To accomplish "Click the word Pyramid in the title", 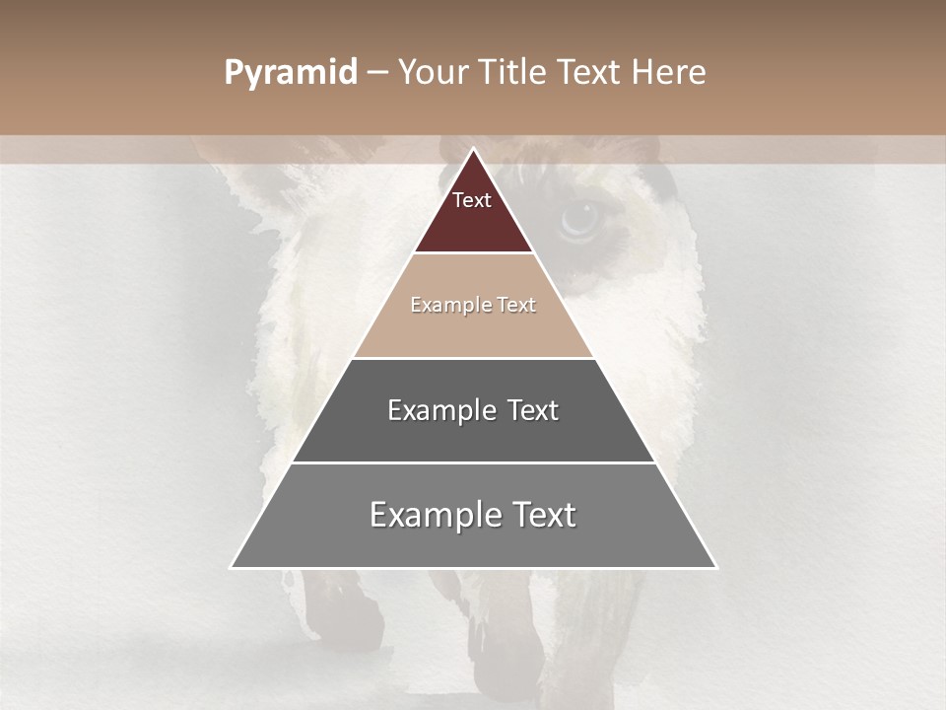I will (290, 73).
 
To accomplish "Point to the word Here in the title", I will (669, 73).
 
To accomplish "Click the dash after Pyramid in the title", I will (376, 73).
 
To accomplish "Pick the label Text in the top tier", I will (472, 200).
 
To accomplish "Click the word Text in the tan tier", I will (516, 305).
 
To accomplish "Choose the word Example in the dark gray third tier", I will (439, 410).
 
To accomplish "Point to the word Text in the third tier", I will (533, 410).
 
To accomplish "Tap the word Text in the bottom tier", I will (543, 515).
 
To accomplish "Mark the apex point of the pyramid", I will (473, 149).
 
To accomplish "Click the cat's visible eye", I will (579, 220).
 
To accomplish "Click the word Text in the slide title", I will (590, 73).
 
